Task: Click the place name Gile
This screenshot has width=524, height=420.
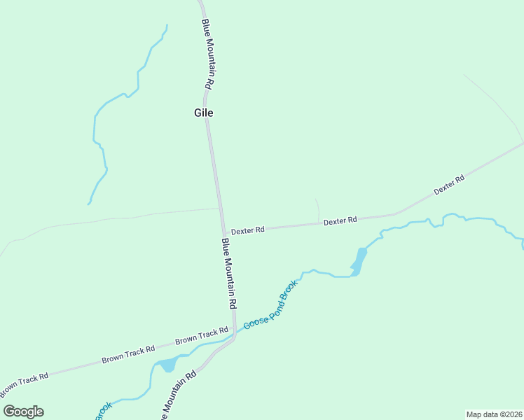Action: [203, 113]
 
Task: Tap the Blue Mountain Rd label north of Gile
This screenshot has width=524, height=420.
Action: [207, 54]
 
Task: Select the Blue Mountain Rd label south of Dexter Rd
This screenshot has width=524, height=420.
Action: [229, 274]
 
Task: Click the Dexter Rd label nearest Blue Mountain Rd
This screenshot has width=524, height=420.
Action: [247, 230]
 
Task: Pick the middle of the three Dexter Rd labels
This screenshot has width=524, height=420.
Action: [340, 220]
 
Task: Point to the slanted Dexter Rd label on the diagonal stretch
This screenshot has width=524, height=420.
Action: [449, 185]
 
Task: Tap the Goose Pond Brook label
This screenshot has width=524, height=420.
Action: [271, 305]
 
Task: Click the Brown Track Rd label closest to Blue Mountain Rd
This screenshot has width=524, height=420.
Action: [202, 336]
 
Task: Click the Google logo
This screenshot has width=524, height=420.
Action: [23, 412]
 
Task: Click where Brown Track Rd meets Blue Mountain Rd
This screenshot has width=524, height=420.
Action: [234, 334]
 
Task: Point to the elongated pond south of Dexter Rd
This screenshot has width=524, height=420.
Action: [359, 262]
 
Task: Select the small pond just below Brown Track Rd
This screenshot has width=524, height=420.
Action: [167, 365]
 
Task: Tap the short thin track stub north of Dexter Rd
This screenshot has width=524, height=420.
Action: [317, 209]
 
